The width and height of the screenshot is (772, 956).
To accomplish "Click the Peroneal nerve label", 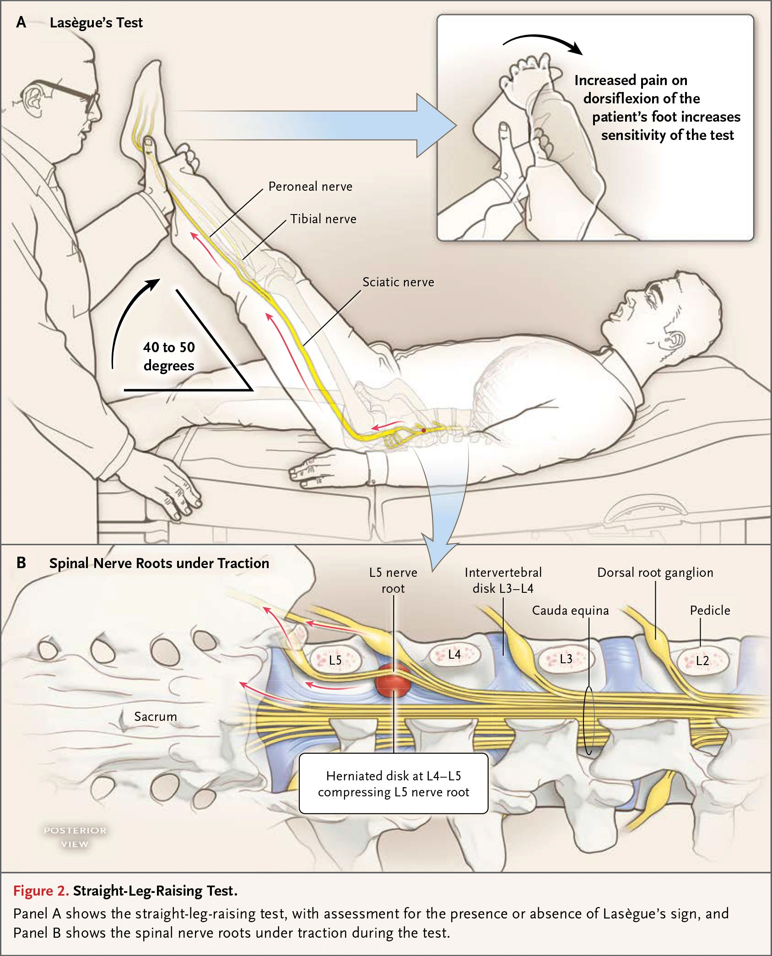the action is [310, 187].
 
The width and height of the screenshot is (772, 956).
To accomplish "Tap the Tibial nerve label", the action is [323, 219].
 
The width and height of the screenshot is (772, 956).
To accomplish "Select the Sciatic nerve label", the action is [398, 282].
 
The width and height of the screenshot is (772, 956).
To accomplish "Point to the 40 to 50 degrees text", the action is [169, 356].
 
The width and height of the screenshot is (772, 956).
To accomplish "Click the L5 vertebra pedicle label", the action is [335, 660].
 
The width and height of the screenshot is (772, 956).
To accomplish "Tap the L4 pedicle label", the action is [454, 655].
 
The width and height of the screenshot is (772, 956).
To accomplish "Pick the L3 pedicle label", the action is [566, 659].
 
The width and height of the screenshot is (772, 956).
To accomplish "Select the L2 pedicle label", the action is [702, 661].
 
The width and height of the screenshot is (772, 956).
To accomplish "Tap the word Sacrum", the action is [156, 717].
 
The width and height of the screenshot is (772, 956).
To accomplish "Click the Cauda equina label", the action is [570, 611].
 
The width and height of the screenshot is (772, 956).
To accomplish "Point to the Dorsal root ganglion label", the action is [655, 573].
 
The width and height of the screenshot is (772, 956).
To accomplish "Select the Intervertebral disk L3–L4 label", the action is [503, 580].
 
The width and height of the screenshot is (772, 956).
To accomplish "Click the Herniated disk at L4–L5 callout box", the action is [394, 783].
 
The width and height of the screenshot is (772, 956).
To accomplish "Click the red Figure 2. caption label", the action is [41, 891].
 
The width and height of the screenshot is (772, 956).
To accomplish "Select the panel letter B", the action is [21, 563].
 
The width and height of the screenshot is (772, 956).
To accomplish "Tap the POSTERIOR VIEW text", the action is [75, 837].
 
